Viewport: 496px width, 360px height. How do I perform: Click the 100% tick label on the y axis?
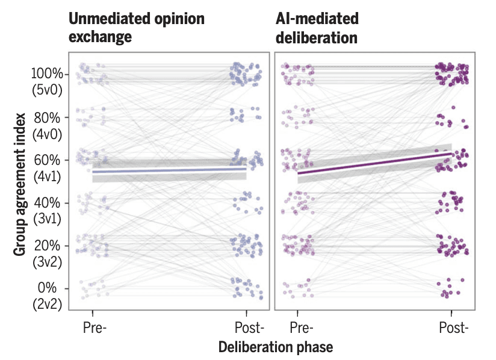[46, 74]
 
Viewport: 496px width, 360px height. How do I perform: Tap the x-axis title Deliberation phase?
[275, 347]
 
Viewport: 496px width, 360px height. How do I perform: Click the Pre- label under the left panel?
[95, 329]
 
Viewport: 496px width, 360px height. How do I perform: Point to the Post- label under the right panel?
[453, 329]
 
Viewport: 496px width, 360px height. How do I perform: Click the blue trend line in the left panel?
[169, 170]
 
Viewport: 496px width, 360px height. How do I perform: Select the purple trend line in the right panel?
[373, 164]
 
